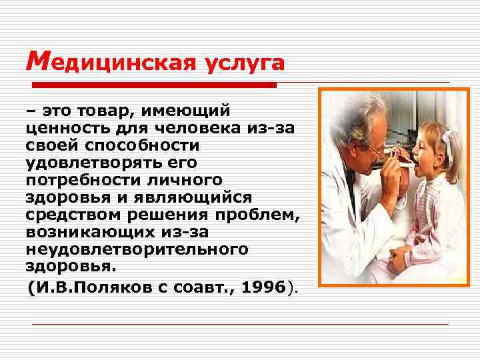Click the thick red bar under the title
pyautogui.click(x=154, y=85)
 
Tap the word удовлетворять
pyautogui.click(x=86, y=163)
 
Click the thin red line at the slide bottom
pyautogui.click(x=240, y=324)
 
